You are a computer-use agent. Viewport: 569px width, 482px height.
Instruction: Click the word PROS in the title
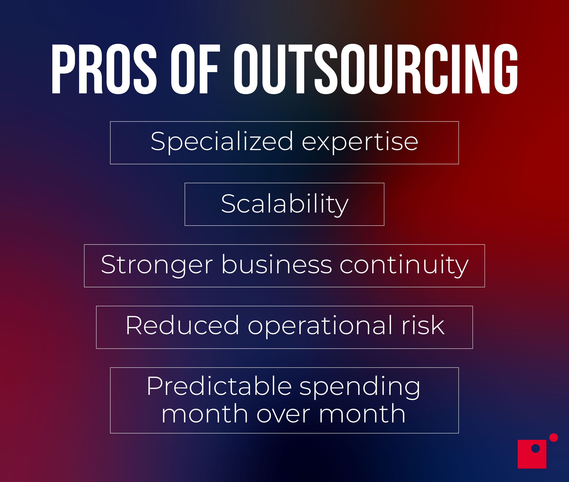104,69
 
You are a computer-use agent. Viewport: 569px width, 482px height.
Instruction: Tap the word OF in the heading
195,69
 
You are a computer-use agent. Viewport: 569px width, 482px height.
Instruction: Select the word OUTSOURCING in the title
375,69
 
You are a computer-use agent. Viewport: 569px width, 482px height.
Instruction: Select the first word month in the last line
204,414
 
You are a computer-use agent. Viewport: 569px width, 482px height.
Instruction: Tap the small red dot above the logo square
553,437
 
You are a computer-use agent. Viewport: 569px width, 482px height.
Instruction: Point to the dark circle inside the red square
535,448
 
